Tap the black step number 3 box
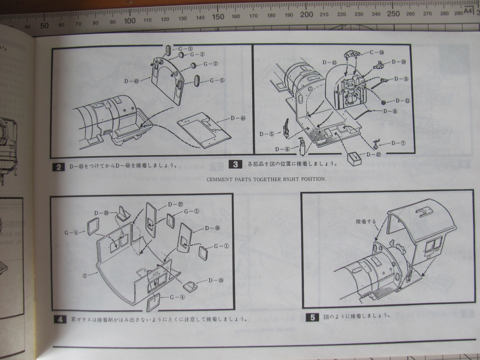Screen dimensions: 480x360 tap(235, 164)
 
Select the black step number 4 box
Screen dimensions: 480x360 tap(60, 320)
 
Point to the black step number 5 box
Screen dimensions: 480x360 tap(313, 317)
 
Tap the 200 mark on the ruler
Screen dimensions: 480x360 tap(306, 15)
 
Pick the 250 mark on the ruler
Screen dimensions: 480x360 tap(393, 13)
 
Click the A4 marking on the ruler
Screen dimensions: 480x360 tap(468, 11)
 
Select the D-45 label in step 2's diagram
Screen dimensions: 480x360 tap(132, 81)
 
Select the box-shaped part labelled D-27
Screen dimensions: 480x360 tap(355, 158)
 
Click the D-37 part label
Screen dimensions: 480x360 tap(174, 204)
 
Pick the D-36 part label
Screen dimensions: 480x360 tap(213, 228)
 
